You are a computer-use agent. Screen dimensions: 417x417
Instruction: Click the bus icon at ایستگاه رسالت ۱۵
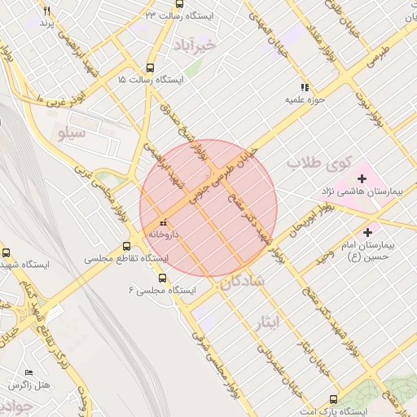point(149,68)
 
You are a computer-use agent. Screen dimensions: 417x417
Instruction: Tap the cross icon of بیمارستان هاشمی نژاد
point(362,178)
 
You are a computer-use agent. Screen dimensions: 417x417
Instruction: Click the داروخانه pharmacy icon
point(163,222)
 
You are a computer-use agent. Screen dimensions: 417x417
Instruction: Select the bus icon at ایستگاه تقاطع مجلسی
point(126,246)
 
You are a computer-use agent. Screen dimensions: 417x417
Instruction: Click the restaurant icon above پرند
point(46,11)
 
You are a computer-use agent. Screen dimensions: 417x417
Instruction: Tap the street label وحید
point(325,256)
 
